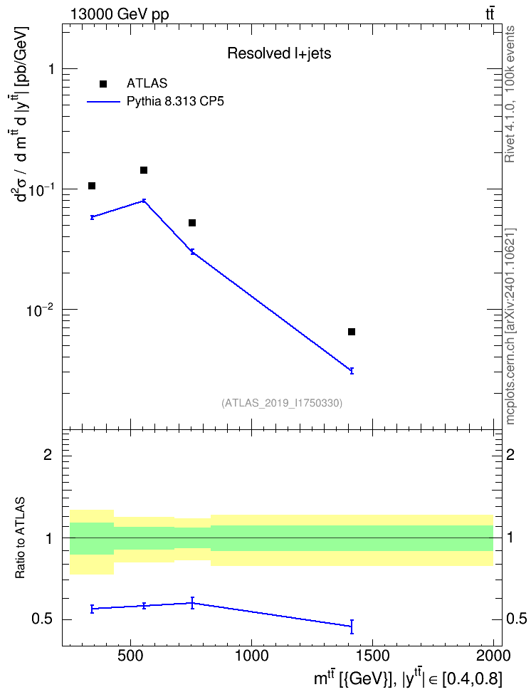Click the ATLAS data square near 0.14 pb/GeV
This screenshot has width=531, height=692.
(144, 170)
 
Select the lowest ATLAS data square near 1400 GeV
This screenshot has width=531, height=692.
(352, 332)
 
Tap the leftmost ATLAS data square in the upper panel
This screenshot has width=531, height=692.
(92, 186)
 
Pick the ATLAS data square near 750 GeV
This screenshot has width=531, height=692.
(192, 223)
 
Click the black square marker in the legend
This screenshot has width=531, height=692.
(103, 84)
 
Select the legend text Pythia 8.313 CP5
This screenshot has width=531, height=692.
(175, 102)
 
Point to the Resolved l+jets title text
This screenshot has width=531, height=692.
(279, 53)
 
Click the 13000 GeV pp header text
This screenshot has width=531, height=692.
(120, 14)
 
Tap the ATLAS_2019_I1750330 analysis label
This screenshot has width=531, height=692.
(282, 403)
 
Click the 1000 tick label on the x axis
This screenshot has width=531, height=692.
(251, 656)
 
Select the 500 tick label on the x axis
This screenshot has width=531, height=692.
(130, 656)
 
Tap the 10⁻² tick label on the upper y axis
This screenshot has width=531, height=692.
(40, 310)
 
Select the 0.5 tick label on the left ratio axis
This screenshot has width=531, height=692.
(42, 619)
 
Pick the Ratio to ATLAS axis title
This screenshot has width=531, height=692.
(20, 538)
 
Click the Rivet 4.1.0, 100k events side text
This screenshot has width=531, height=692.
(510, 95)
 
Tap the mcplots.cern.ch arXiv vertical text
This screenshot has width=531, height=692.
(510, 326)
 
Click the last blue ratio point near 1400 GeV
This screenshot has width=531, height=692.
(352, 627)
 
